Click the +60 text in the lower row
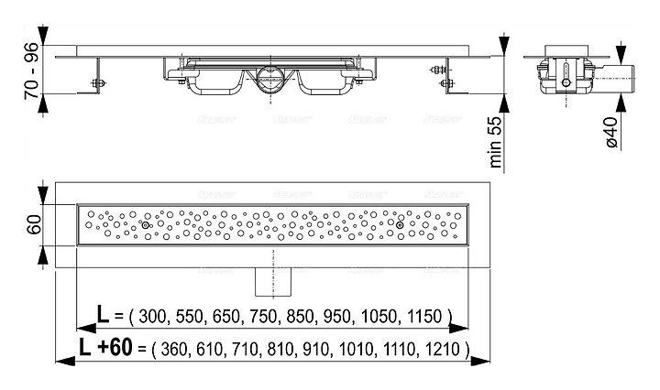[118, 349]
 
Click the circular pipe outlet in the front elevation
[272, 79]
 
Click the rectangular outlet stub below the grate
[272, 278]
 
